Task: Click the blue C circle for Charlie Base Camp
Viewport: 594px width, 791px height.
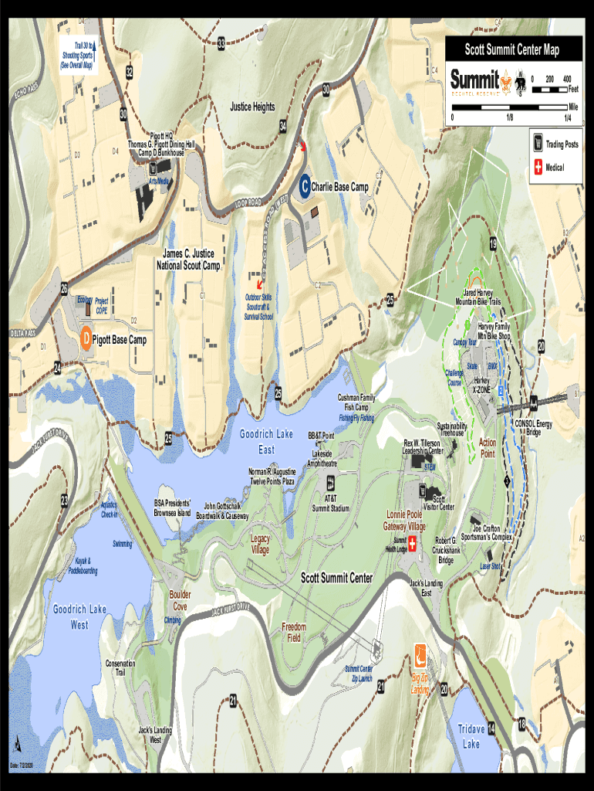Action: pyautogui.click(x=305, y=185)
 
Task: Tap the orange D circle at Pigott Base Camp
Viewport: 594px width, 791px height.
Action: pyautogui.click(x=86, y=338)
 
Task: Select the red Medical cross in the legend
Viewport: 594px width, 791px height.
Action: pyautogui.click(x=538, y=168)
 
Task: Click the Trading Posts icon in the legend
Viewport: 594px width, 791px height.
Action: pyautogui.click(x=538, y=144)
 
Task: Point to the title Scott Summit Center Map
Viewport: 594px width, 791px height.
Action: pyautogui.click(x=511, y=50)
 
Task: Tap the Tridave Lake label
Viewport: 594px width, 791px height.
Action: pyautogui.click(x=471, y=736)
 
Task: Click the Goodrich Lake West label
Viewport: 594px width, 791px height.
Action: pyautogui.click(x=79, y=616)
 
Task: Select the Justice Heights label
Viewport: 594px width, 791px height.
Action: pyautogui.click(x=252, y=107)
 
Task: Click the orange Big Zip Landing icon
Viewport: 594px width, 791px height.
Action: pyautogui.click(x=420, y=655)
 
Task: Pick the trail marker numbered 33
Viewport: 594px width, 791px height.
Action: pyautogui.click(x=221, y=45)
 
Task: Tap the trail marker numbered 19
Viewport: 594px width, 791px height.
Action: pyautogui.click(x=492, y=245)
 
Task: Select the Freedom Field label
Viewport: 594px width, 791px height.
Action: pyautogui.click(x=294, y=632)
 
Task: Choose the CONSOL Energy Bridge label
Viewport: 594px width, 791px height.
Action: pyautogui.click(x=533, y=427)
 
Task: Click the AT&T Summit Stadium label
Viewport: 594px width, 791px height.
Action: pyautogui.click(x=331, y=503)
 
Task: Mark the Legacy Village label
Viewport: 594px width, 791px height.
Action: pyautogui.click(x=260, y=544)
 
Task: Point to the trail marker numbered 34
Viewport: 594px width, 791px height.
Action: pyautogui.click(x=283, y=126)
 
